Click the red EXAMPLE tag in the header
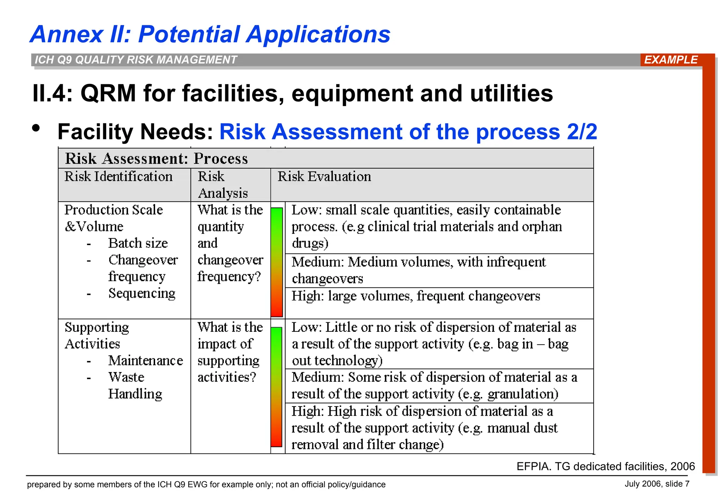(x=671, y=60)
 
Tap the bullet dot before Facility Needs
(x=36, y=128)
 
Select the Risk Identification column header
(x=118, y=177)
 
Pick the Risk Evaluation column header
(x=324, y=177)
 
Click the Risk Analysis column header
(x=223, y=185)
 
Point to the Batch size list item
(x=138, y=243)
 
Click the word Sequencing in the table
(x=142, y=293)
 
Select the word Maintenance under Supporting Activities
(x=146, y=361)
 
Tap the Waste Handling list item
(x=135, y=385)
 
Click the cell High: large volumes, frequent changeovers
(x=416, y=296)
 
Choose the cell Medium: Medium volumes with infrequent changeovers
(x=418, y=270)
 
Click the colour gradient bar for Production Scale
(x=277, y=262)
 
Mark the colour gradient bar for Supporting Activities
(x=276, y=387)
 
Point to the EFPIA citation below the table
(x=605, y=467)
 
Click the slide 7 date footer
(x=657, y=484)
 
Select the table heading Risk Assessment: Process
(x=157, y=159)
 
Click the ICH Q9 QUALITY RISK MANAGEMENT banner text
(x=136, y=60)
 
